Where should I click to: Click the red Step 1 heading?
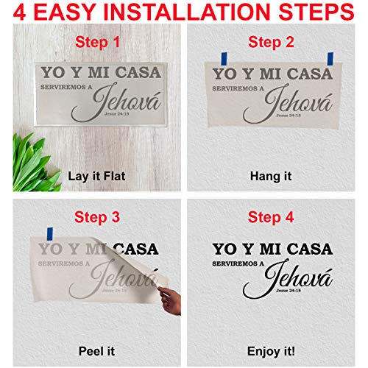[94, 43]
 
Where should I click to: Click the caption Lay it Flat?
[94, 176]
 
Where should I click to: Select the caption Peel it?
[94, 350]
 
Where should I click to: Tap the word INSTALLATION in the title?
[184, 13]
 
